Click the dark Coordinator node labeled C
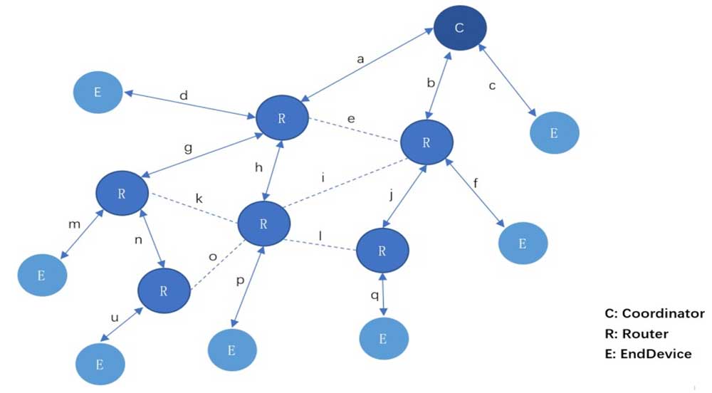(459, 29)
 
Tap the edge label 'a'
(360, 60)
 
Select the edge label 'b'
(430, 83)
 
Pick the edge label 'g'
(188, 149)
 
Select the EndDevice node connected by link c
(554, 132)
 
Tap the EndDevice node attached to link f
(523, 243)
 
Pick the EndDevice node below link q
(383, 339)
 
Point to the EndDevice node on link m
(41, 273)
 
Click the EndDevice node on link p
(231, 350)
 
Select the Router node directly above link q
(382, 251)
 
